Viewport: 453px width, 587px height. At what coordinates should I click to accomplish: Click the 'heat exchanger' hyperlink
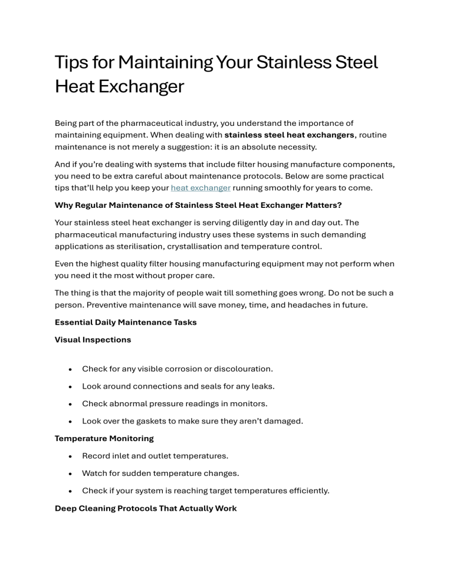click(x=201, y=188)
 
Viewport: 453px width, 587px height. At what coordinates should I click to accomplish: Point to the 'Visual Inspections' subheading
click(x=93, y=340)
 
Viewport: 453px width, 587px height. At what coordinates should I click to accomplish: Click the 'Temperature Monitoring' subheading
click(x=104, y=438)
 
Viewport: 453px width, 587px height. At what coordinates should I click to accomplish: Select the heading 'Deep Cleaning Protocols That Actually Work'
click(x=146, y=508)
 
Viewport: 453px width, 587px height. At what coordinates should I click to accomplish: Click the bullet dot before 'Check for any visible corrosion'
click(x=70, y=369)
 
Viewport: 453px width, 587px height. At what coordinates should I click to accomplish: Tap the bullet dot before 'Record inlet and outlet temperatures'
click(x=70, y=456)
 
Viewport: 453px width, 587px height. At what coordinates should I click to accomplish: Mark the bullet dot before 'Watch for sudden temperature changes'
click(x=70, y=474)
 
